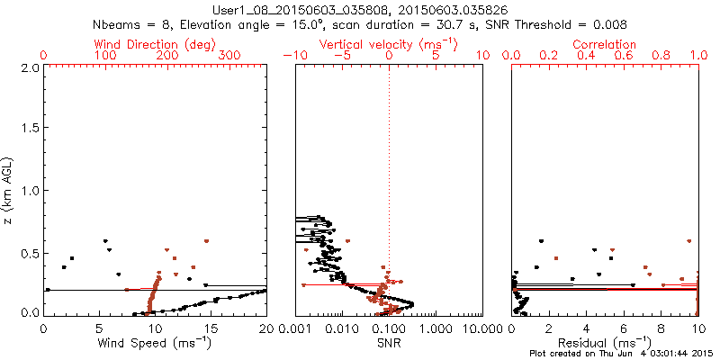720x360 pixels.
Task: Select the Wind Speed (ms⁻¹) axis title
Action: point(155,344)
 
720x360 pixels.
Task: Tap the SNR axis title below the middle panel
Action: point(389,344)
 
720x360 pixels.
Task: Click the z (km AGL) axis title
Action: point(10,191)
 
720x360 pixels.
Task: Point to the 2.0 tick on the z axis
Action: point(29,68)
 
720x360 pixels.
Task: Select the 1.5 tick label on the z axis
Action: point(29,130)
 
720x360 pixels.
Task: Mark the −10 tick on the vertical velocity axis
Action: point(293,56)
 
